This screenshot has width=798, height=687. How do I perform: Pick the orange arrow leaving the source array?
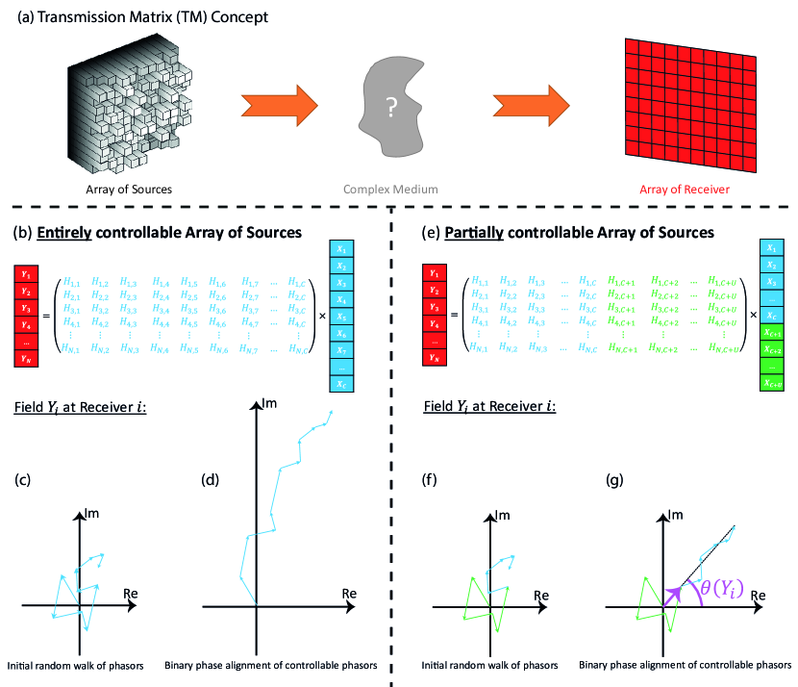point(279,105)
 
